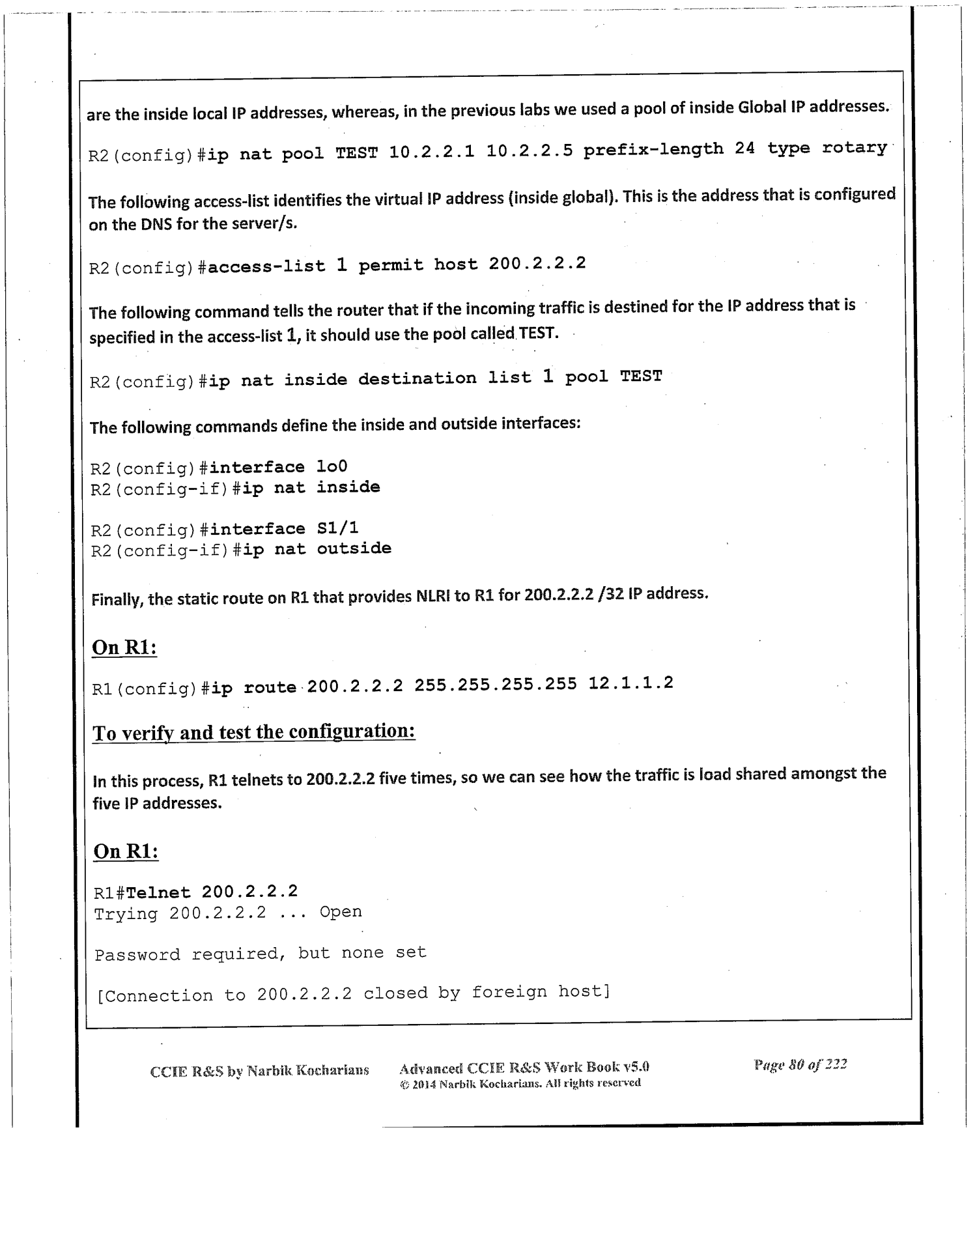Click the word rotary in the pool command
pos(854,148)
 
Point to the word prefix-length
pos(653,150)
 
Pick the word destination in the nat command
pos(417,378)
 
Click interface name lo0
pos(332,466)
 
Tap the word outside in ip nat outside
pos(354,548)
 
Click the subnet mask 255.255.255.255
pos(495,685)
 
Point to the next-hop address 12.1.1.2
pos(630,683)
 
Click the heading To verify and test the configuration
pos(254,732)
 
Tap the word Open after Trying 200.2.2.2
pos(340,912)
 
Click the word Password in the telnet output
pos(137,955)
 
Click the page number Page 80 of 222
pos(800,1065)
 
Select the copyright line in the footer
pos(520,1083)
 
